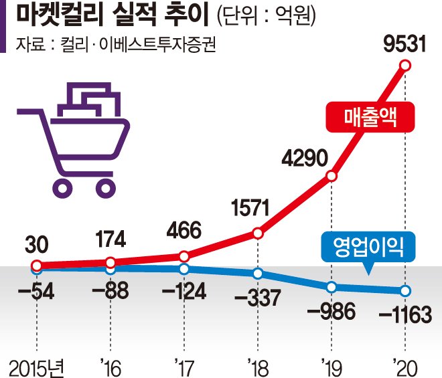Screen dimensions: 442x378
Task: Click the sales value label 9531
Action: click(x=404, y=44)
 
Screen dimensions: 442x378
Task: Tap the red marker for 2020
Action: click(x=405, y=66)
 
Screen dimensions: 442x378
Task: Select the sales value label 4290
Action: click(x=305, y=159)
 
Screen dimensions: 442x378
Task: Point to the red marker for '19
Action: click(x=331, y=176)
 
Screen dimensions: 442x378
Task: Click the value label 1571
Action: click(x=250, y=208)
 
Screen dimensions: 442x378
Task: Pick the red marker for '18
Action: click(x=258, y=233)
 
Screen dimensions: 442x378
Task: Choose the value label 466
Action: click(x=183, y=230)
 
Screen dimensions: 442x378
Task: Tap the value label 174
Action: click(x=110, y=239)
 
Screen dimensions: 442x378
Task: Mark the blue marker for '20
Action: click(x=405, y=290)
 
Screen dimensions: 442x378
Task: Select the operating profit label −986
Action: click(x=331, y=311)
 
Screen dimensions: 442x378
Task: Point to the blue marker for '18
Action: click(x=258, y=273)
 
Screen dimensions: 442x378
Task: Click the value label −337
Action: click(x=258, y=298)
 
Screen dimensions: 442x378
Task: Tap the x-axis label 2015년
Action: click(x=37, y=368)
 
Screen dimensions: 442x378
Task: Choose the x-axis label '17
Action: click(x=184, y=367)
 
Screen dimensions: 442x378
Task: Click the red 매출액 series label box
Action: click(x=370, y=117)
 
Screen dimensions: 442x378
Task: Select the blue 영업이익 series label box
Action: click(x=368, y=247)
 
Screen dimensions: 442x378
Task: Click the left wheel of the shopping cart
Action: click(x=62, y=187)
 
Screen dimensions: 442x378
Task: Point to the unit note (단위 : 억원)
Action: click(x=266, y=16)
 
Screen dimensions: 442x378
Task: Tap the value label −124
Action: click(x=183, y=291)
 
